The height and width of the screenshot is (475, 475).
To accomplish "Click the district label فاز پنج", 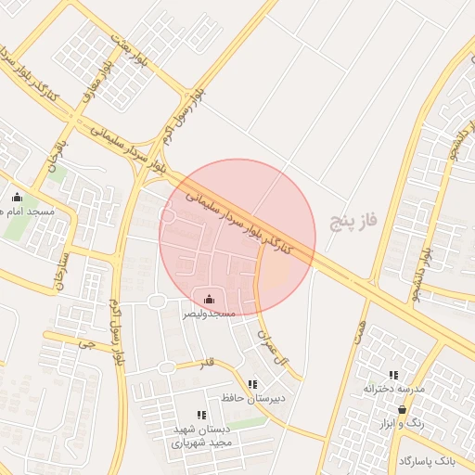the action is (355, 220).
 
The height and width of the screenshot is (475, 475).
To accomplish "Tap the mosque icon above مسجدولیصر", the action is (209, 299).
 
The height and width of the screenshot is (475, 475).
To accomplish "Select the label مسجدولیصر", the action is (208, 315).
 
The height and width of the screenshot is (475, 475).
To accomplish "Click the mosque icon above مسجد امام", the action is (17, 197).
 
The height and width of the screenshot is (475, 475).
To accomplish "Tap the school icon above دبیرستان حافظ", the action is (252, 384).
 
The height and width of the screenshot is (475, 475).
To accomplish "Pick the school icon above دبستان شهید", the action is (200, 415).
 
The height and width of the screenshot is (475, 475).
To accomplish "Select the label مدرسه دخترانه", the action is (393, 389).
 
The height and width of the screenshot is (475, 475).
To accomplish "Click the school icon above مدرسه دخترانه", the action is (393, 375).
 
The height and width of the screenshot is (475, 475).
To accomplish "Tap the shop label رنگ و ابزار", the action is (402, 423).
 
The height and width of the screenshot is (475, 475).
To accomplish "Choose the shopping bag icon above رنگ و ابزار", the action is (402, 409).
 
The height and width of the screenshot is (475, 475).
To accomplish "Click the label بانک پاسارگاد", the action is (429, 460).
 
